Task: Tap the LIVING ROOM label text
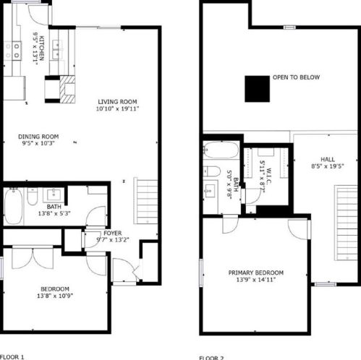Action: tap(117, 101)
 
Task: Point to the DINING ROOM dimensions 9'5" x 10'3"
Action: tap(38, 143)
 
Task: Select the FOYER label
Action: tap(112, 233)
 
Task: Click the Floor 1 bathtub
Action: tap(13, 206)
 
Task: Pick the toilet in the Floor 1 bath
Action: tap(33, 197)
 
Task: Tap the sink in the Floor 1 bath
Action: tap(53, 194)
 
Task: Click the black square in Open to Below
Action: tap(256, 89)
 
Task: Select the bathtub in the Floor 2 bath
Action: tap(221, 151)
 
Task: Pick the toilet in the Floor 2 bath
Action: tap(212, 171)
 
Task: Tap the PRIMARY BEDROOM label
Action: tap(256, 273)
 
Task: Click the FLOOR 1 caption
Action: tap(13, 356)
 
